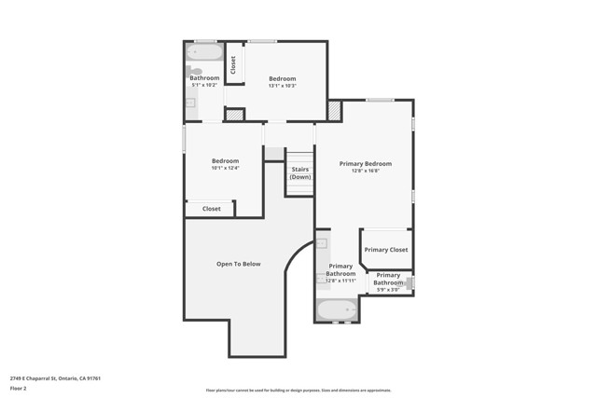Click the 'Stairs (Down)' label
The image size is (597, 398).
click(x=299, y=172)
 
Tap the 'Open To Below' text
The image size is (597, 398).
click(x=239, y=264)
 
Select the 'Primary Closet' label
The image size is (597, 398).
click(x=386, y=250)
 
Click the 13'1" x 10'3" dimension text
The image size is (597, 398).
click(x=282, y=86)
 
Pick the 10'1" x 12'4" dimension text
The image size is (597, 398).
click(x=225, y=168)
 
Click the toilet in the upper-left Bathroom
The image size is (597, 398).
click(x=195, y=71)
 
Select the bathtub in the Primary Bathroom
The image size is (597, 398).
click(x=336, y=310)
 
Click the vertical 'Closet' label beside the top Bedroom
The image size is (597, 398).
click(x=233, y=64)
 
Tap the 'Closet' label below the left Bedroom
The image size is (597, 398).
click(x=212, y=209)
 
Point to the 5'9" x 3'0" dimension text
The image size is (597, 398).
click(x=388, y=290)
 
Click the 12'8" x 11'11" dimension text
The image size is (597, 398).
click(x=340, y=281)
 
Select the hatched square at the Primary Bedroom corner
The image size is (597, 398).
click(x=334, y=110)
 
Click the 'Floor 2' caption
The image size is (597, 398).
click(x=18, y=388)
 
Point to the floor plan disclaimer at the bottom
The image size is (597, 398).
click(x=298, y=390)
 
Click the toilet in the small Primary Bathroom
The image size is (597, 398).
click(x=410, y=282)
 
